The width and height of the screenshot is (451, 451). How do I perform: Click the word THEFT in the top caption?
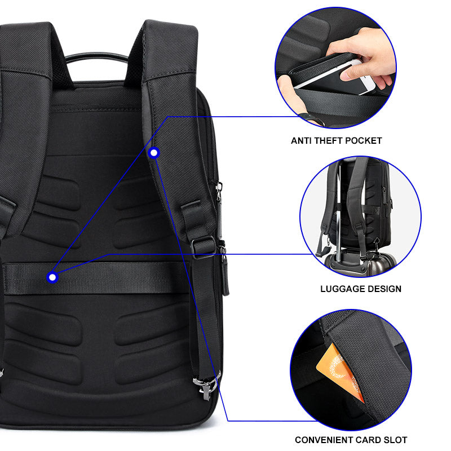pos(332,140)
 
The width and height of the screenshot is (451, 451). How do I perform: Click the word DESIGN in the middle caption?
pos(384,289)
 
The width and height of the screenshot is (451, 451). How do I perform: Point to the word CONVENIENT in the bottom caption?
pos(322,440)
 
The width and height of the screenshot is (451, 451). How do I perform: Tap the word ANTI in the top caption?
pos(302,140)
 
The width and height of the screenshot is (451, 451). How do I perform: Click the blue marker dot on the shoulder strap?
pos(154,152)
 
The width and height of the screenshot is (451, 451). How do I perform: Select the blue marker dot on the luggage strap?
pos(52,277)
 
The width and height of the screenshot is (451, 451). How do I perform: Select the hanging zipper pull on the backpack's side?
pos(225,273)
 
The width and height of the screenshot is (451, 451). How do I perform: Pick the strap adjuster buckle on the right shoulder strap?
pos(203,246)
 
